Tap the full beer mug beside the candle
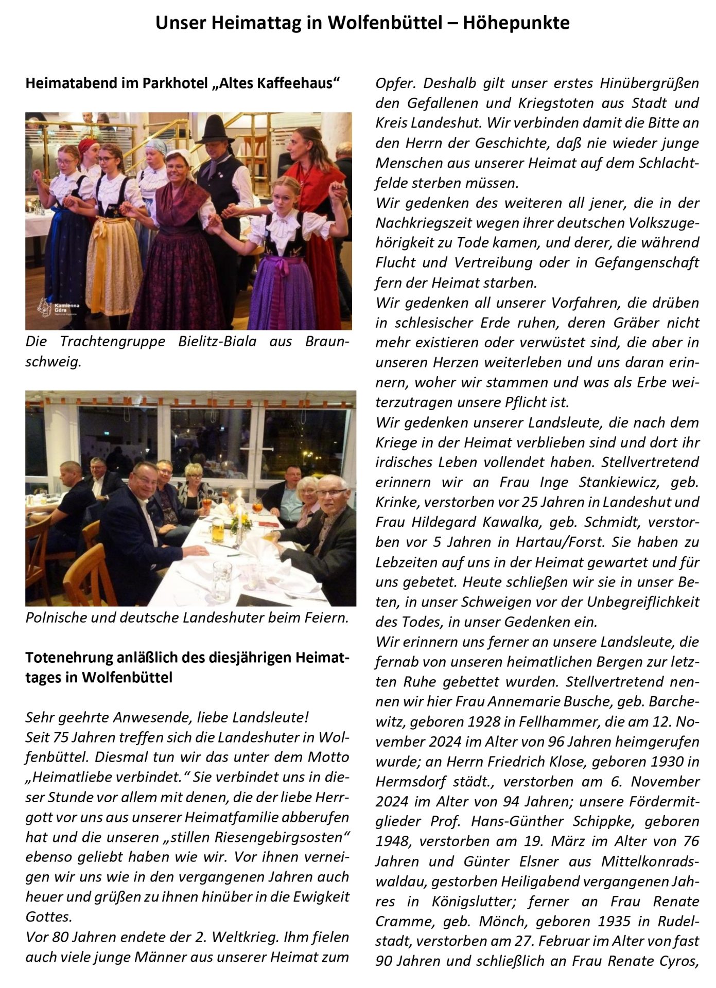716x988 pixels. [x=218, y=531]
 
